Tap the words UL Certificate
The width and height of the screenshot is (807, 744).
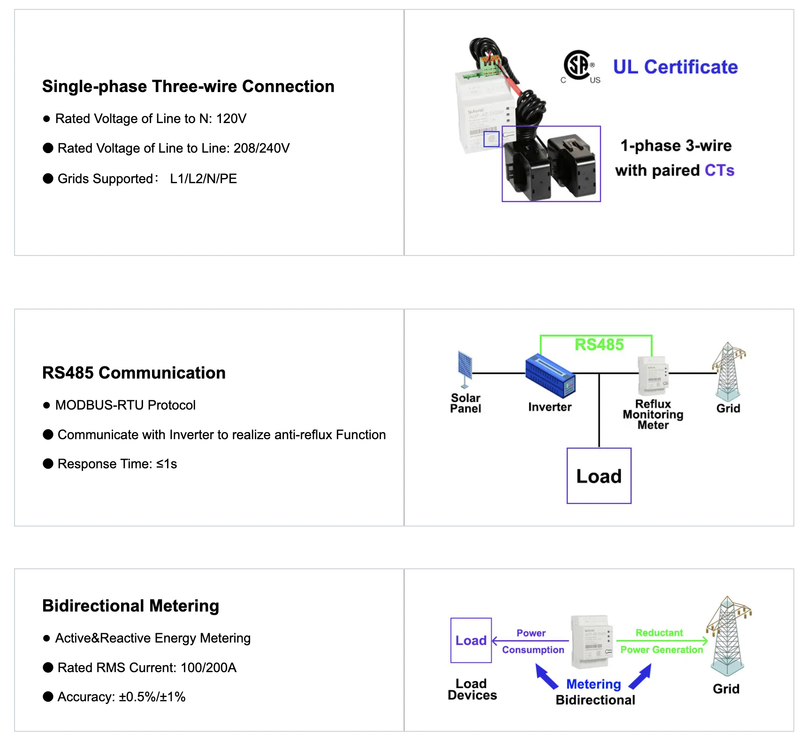pos(675,67)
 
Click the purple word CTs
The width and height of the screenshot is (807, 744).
pos(719,170)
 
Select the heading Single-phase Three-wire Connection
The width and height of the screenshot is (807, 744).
pos(188,86)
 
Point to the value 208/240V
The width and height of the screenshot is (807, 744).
pos(261,148)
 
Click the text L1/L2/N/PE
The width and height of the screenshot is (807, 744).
pos(203,179)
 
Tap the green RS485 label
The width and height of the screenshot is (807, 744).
pos(599,345)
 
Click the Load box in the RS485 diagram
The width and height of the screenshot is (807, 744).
pos(599,476)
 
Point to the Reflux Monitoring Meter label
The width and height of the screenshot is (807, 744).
pos(653,414)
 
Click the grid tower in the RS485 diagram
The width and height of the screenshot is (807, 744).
pos(728,371)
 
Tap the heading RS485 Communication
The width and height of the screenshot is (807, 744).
pos(134,373)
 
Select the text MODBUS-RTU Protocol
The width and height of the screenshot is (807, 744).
pos(125,405)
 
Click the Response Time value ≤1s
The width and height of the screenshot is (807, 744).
pos(167,464)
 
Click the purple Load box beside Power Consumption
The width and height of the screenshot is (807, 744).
pos(471,640)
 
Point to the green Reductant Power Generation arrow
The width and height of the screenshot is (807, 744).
pos(662,641)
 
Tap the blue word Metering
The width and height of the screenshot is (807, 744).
pos(594,684)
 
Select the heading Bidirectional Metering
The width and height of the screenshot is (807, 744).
pos(130,606)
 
